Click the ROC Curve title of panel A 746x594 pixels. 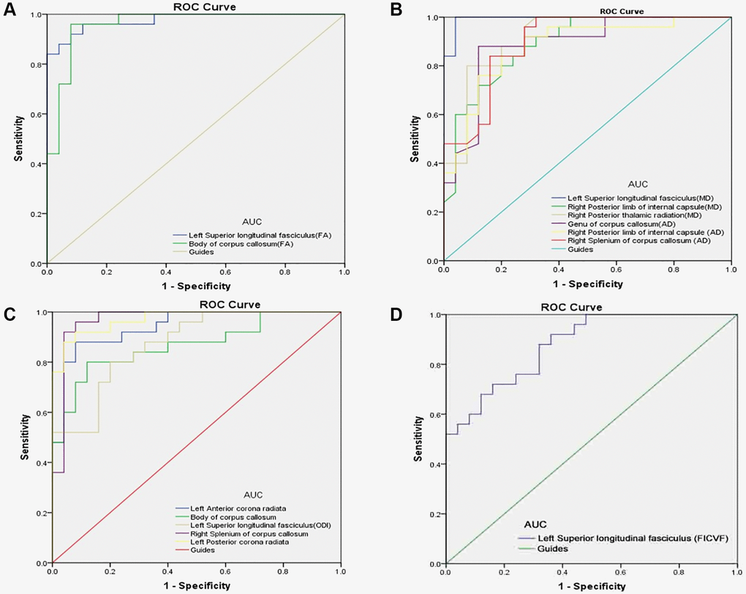coord(194,7)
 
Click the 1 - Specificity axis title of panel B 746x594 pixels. coord(587,284)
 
